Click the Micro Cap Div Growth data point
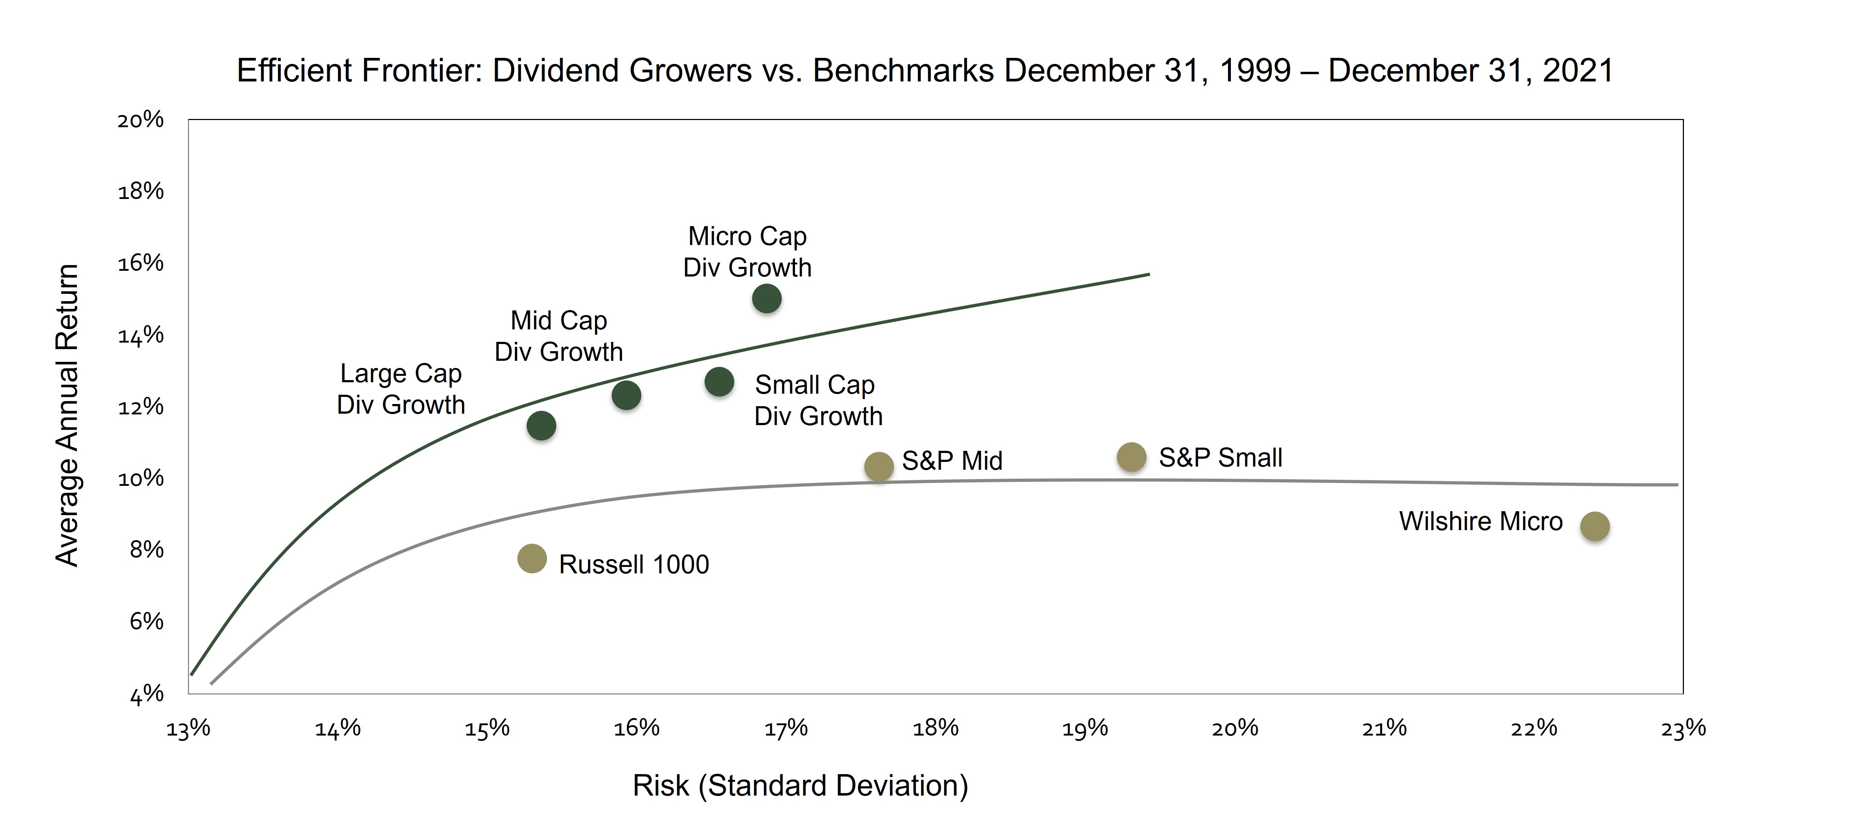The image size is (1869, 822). [766, 298]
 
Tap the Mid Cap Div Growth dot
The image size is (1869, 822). [626, 395]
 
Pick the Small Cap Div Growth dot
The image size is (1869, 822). [719, 382]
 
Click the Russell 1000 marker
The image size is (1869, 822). [532, 559]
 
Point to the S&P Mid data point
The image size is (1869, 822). [879, 467]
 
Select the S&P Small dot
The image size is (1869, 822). [1131, 457]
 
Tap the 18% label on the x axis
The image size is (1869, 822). [935, 728]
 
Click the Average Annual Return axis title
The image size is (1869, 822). [67, 415]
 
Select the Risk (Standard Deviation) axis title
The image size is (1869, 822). [800, 786]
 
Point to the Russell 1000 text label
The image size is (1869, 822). [633, 564]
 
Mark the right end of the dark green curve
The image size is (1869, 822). [1149, 274]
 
